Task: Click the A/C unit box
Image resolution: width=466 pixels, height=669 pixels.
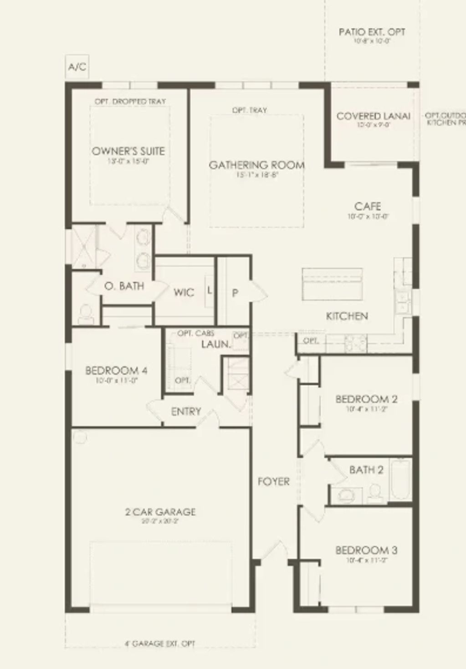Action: (77, 67)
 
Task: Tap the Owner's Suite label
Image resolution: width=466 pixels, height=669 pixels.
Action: (128, 151)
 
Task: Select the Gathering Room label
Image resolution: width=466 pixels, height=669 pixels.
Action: (257, 165)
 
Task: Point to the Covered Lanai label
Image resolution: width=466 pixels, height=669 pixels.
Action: (373, 116)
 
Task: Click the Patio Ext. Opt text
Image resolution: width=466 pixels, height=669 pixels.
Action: (372, 32)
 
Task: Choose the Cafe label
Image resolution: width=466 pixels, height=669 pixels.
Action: (368, 206)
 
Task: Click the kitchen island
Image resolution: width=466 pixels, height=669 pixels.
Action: (333, 284)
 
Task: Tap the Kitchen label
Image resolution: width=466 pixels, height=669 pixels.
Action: (347, 316)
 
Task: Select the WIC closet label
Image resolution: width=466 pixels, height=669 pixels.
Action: (184, 292)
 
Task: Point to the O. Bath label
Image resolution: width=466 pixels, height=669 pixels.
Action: (124, 286)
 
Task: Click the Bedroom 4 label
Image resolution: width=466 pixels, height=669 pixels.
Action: (116, 370)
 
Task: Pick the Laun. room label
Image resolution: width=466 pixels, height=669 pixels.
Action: (215, 344)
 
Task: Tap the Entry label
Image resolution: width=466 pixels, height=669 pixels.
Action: (186, 412)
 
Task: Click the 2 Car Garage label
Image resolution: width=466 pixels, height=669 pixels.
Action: (160, 512)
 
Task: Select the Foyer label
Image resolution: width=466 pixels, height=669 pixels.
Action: (273, 481)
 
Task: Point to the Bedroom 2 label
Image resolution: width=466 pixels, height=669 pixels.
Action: (366, 399)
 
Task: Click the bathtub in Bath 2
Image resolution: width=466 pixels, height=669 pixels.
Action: (401, 480)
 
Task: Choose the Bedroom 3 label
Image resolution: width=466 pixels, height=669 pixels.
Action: (366, 550)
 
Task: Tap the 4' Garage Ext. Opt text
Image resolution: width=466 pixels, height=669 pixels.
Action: (160, 643)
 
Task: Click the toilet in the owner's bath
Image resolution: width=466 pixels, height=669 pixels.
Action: (85, 314)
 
